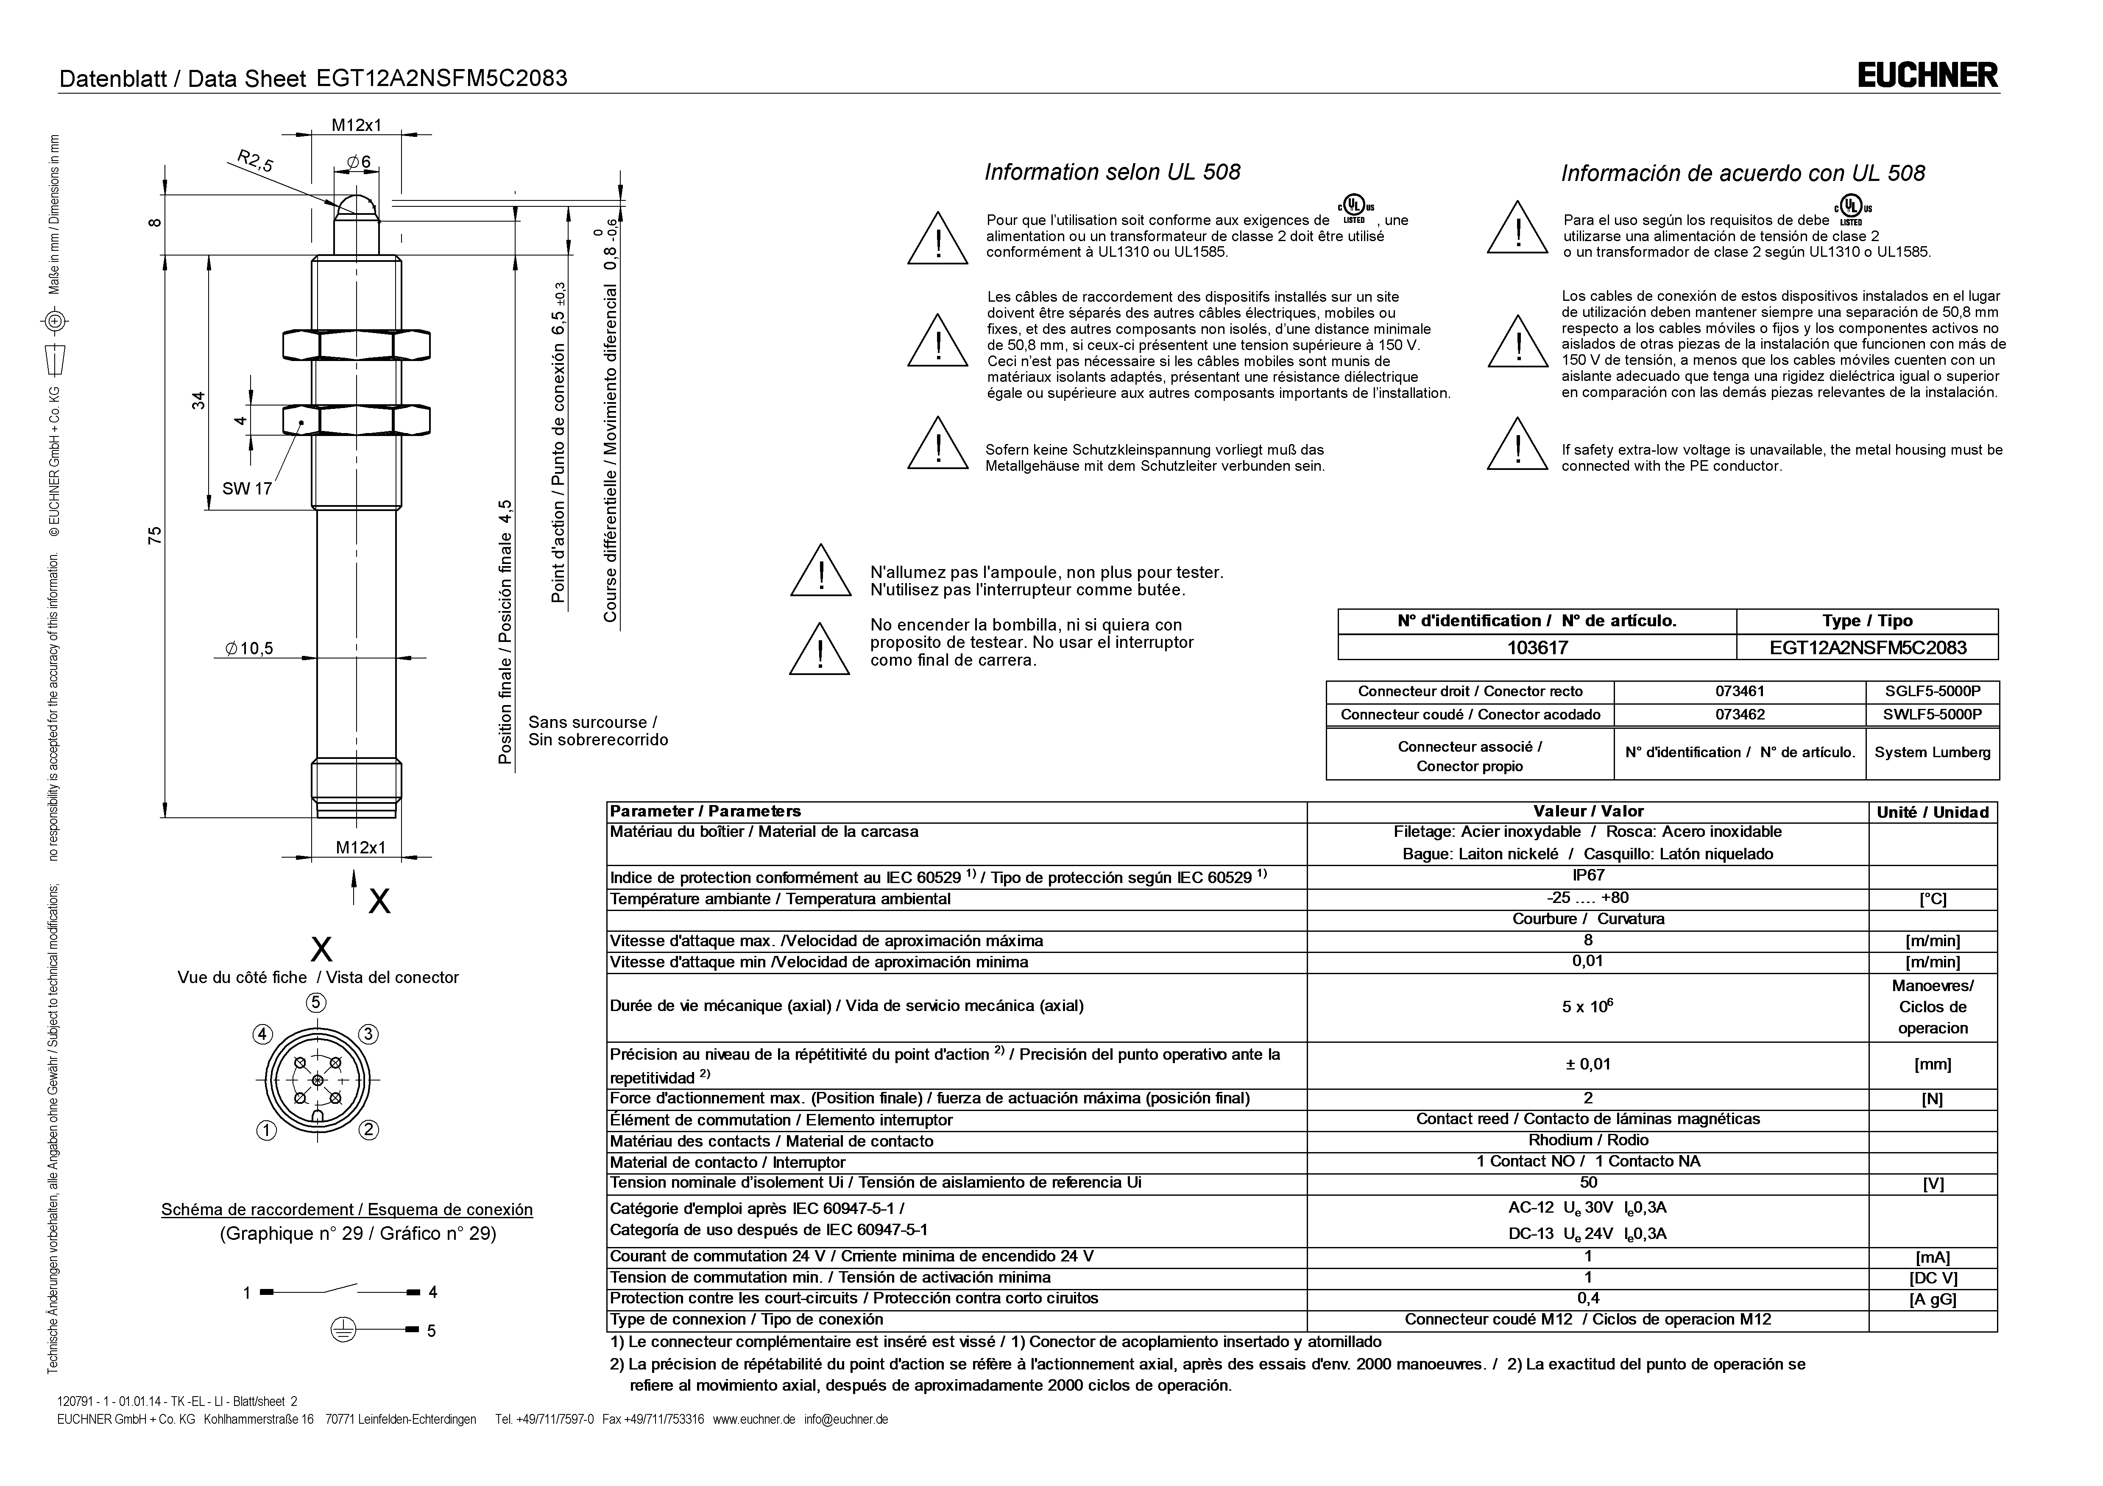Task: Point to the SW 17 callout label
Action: tap(247, 489)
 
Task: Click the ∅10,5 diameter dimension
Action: tap(249, 649)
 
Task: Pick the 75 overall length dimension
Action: tap(156, 536)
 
